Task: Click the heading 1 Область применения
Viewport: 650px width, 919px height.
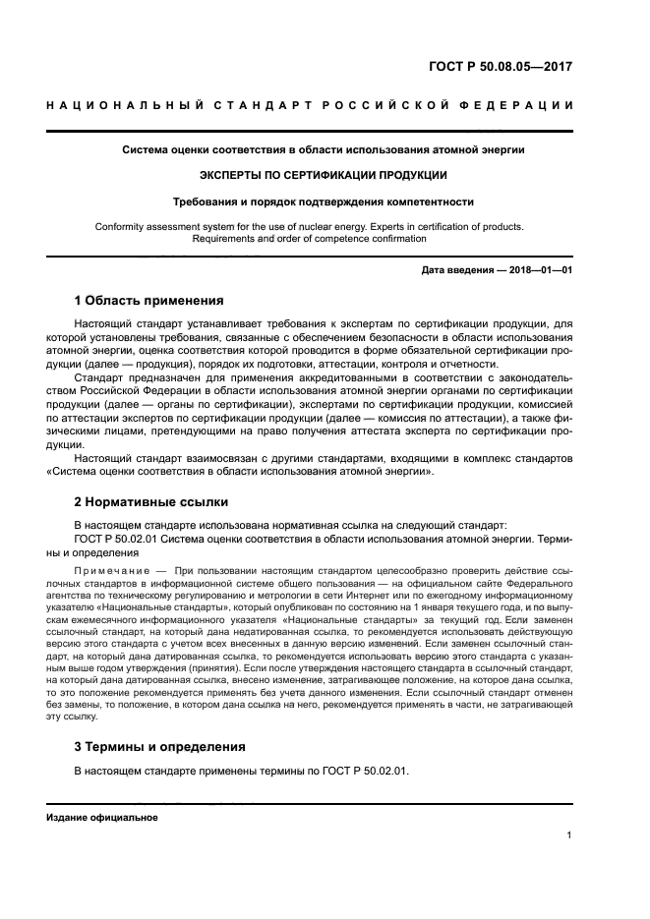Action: pyautogui.click(x=148, y=300)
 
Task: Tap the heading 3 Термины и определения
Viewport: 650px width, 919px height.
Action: pyautogui.click(x=160, y=746)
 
